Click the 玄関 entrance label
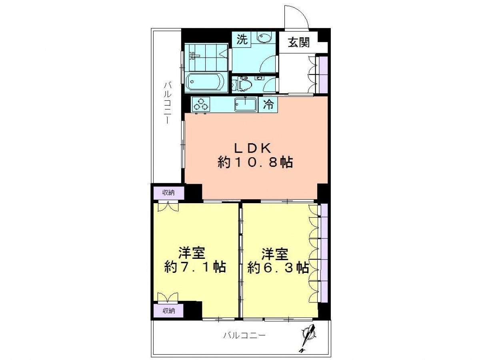pyautogui.click(x=298, y=42)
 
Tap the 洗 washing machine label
pyautogui.click(x=242, y=40)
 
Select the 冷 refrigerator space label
pyautogui.click(x=268, y=104)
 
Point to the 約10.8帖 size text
pyautogui.click(x=255, y=163)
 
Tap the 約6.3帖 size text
pyautogui.click(x=278, y=267)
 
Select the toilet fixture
pyautogui.click(x=242, y=84)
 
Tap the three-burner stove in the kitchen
pyautogui.click(x=201, y=104)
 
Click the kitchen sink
pyautogui.click(x=245, y=105)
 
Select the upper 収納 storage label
pyautogui.click(x=168, y=192)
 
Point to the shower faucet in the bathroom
pyautogui.click(x=194, y=56)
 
